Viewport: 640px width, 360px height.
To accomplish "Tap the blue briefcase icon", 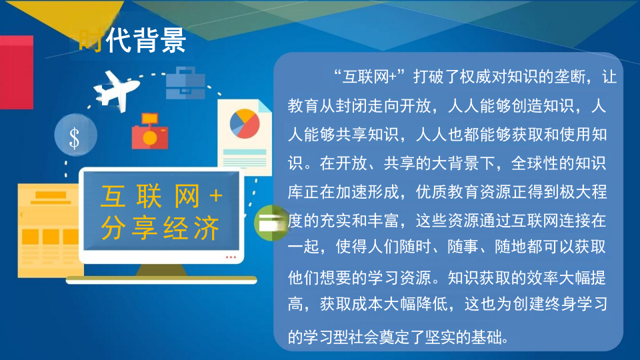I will coord(185,83).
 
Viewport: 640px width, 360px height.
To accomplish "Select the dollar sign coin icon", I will coord(75,137).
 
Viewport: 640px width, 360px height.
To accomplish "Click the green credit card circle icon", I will coord(270,222).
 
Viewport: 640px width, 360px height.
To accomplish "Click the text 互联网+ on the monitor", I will coord(161,196).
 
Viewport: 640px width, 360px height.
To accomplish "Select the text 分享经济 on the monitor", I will coord(160,229).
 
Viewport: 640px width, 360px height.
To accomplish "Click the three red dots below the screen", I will coord(231,257).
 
